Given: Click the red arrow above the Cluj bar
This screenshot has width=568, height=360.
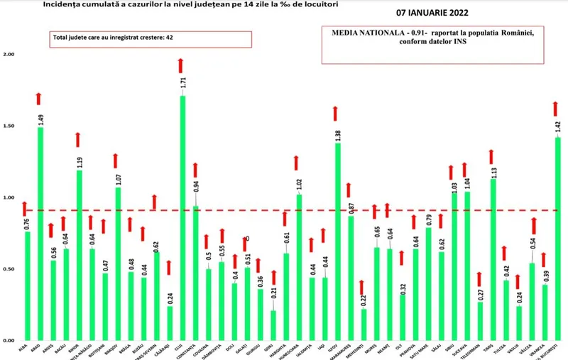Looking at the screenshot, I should (182, 65).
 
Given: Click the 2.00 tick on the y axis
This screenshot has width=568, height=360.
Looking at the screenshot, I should (9, 55).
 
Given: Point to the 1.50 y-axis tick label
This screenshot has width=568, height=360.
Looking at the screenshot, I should (9, 126).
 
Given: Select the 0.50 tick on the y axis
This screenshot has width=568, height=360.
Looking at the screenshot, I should (9, 269).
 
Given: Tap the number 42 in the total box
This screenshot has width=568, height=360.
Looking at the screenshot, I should (170, 38).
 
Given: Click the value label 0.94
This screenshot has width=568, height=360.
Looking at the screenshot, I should (195, 186).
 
